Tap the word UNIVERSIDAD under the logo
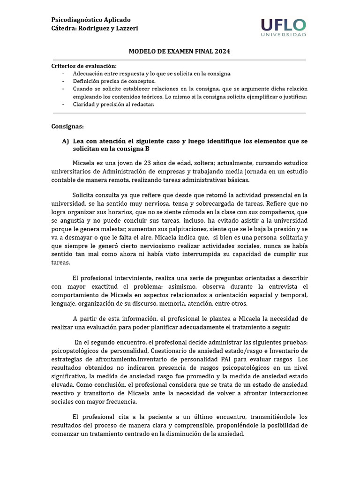[x=284, y=35]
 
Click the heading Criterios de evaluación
[x=84, y=66]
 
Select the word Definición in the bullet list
[x=87, y=81]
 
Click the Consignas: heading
[x=67, y=127]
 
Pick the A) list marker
[x=66, y=141]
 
